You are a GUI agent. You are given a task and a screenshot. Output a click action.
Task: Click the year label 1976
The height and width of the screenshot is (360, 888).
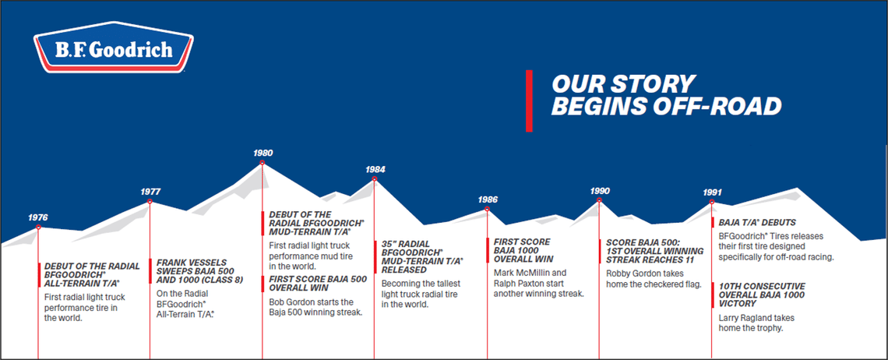point(38,217)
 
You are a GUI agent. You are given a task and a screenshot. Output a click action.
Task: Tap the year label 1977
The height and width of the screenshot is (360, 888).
point(150,192)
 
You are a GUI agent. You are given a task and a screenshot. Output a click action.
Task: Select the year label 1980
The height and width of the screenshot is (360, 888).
point(263,153)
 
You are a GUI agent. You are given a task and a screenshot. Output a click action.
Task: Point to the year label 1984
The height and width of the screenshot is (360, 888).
point(375,170)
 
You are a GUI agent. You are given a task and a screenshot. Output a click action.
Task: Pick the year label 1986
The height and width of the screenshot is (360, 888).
point(488,199)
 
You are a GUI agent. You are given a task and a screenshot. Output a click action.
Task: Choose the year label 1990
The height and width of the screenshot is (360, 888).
point(600,191)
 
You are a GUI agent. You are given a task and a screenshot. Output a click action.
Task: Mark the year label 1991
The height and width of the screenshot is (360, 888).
point(713,192)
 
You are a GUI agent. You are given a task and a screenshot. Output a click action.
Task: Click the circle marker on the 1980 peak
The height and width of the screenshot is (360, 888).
point(263,163)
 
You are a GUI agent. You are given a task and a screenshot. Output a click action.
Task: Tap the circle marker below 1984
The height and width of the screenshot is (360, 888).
point(375,179)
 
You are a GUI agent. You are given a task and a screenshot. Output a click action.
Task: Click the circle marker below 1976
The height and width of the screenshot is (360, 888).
point(38,227)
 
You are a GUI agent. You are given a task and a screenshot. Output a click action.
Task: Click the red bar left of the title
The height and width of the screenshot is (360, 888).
point(529,101)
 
